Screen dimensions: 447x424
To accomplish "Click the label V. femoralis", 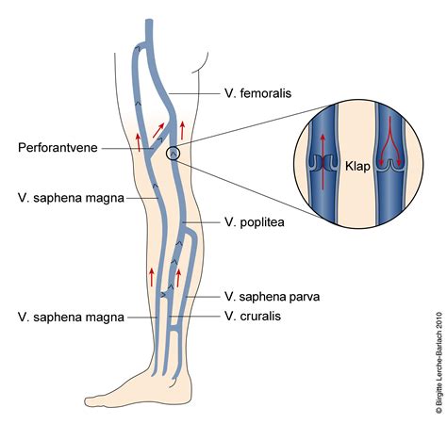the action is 257,93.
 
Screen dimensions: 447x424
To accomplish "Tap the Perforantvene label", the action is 58,148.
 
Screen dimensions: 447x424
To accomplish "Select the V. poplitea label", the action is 255,222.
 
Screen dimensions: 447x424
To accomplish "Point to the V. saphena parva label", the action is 272,297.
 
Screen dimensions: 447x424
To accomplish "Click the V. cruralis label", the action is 253,316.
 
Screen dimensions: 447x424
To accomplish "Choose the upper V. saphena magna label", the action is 71,198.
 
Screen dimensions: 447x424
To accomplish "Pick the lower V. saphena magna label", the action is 71,318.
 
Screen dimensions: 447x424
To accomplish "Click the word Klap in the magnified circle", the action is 357,166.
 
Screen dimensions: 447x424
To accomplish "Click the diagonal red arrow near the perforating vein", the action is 158,130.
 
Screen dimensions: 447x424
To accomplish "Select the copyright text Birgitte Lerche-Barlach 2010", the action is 439,362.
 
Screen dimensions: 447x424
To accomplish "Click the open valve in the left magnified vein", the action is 323,162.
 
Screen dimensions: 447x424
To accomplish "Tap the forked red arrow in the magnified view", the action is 390,140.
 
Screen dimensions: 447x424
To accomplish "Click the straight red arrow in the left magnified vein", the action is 323,162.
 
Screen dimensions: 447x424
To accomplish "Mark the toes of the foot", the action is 92,401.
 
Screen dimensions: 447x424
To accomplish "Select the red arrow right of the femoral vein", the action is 182,130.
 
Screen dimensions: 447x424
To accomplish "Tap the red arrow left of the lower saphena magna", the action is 152,277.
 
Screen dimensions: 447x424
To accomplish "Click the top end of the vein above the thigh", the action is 149,21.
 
